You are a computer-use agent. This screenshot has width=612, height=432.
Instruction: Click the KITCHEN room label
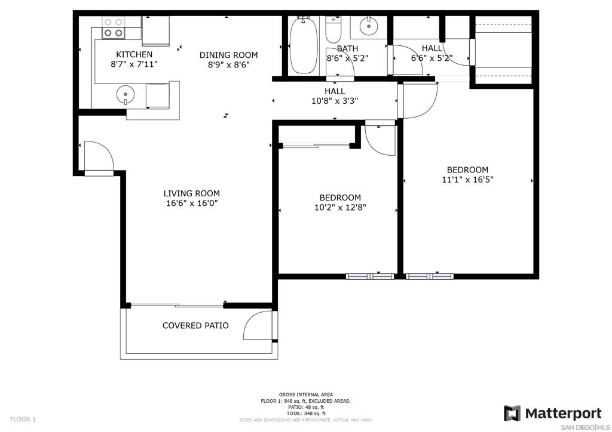[x=134, y=54]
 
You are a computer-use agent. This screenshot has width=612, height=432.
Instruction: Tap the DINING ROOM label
[x=229, y=55]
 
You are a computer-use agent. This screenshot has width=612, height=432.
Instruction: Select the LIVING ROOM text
[x=192, y=193]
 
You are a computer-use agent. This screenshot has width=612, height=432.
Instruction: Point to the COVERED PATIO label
[x=195, y=325]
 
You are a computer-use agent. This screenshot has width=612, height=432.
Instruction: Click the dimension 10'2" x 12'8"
[x=340, y=207]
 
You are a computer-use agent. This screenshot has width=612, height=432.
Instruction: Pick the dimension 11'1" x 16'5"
[x=467, y=180]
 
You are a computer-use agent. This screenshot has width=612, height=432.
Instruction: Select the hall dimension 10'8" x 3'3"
[x=335, y=101]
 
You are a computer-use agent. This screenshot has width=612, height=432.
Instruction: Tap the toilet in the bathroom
[x=333, y=30]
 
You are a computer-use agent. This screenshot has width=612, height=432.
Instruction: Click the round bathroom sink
[x=368, y=26]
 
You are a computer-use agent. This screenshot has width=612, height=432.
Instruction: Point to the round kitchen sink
[x=126, y=95]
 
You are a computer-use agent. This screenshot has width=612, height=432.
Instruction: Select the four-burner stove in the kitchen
[x=113, y=27]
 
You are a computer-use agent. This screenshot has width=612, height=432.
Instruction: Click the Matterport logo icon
[x=512, y=414]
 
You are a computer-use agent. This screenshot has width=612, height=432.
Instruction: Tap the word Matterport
[x=563, y=414]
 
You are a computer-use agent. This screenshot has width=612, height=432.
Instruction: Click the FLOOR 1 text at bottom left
[x=23, y=419]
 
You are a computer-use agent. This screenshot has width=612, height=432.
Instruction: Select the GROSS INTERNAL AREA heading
[x=306, y=394]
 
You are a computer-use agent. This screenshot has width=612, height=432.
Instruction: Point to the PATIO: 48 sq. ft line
[x=306, y=407]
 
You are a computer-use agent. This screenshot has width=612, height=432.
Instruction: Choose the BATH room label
[x=347, y=49]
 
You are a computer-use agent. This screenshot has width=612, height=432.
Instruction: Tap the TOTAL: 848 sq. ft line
[x=306, y=414]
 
